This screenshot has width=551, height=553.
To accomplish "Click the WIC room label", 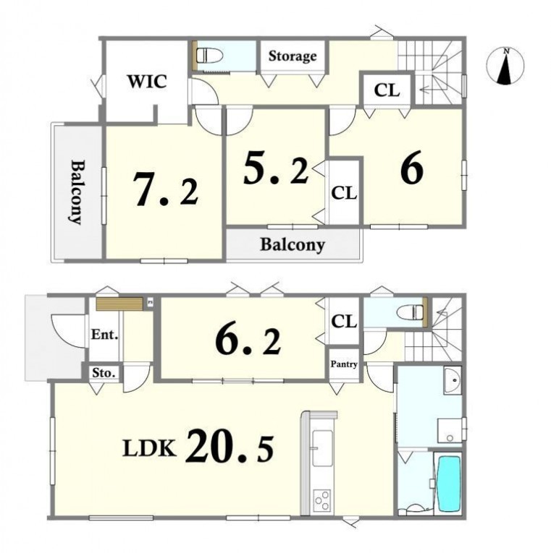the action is [x=147, y=82].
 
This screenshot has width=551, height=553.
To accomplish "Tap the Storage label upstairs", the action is [x=293, y=56].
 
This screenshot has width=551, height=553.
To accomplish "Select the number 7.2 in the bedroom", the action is [x=166, y=190].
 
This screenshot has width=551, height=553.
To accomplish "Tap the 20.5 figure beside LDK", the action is [x=230, y=445].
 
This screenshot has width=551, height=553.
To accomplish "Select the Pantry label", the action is [x=344, y=364].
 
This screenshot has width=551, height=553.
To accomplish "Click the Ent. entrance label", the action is [x=104, y=335].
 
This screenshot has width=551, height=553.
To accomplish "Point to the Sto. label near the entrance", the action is [x=104, y=373].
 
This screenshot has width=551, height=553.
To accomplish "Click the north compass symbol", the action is [x=505, y=66].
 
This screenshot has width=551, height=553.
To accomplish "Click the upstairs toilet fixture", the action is [x=210, y=56].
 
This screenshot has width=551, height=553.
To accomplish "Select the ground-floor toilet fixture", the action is [x=410, y=312].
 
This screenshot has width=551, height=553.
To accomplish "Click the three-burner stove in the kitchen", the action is [x=322, y=500].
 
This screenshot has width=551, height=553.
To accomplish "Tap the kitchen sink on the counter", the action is [x=322, y=448].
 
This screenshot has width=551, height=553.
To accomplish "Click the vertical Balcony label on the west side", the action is [x=77, y=192].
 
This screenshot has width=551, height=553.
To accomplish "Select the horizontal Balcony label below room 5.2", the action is [x=293, y=245].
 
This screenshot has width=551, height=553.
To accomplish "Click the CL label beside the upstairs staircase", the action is [x=387, y=90].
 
